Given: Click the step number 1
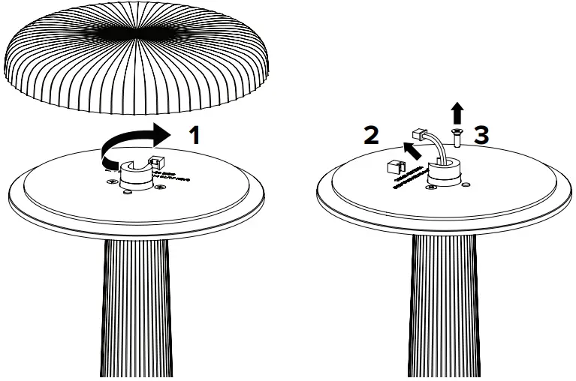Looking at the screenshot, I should coord(195,136).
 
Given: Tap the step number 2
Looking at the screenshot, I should coord(370,135).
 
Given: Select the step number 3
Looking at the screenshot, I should coord(482,135).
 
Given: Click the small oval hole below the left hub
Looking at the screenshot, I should coord(127,193).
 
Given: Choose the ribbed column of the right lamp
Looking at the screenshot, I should coord(443,307).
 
